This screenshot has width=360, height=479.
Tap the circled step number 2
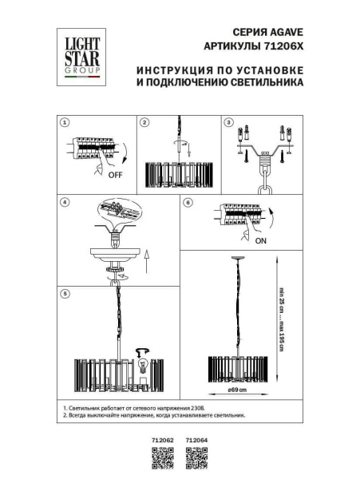click(x=144, y=124)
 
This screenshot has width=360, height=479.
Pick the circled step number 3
click(x=229, y=124)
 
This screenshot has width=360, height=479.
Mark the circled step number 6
click(x=188, y=203)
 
